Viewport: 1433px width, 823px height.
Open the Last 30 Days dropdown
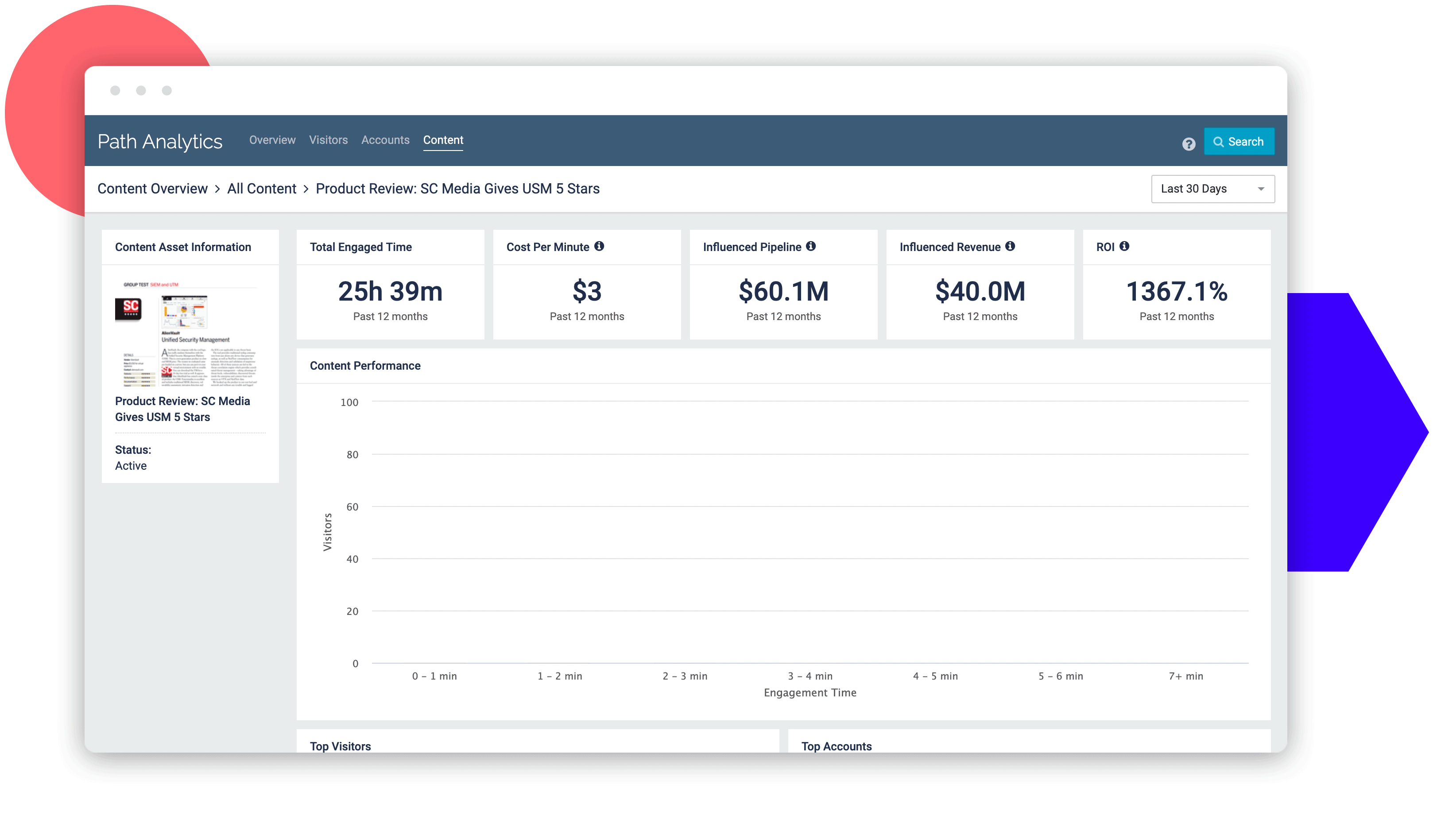(1212, 189)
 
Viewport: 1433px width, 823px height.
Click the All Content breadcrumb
(261, 189)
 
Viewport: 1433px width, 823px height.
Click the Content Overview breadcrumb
(152, 189)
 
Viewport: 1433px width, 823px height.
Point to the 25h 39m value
(390, 292)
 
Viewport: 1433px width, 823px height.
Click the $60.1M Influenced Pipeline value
(783, 292)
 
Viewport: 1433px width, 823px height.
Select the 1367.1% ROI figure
(1176, 292)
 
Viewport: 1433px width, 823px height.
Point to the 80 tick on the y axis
(352, 455)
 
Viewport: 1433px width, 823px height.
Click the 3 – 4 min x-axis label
(809, 676)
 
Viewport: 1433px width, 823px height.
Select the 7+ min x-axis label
(1185, 676)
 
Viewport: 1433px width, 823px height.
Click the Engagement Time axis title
(809, 692)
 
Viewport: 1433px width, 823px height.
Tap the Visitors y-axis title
(327, 532)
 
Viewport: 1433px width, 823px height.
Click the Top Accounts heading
(836, 746)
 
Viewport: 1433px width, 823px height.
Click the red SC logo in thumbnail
(129, 308)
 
